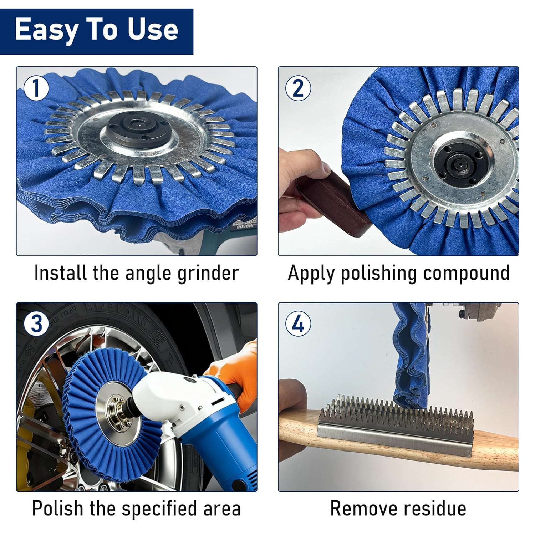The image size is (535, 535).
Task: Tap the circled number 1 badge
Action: [x=36, y=88]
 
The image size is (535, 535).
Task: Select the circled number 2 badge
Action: [x=298, y=88]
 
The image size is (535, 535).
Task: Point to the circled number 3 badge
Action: [x=36, y=324]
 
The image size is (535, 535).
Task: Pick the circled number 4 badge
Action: [x=298, y=324]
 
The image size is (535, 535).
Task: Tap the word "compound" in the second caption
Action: [x=466, y=274]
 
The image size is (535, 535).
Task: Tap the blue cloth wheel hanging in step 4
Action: [x=410, y=357]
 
